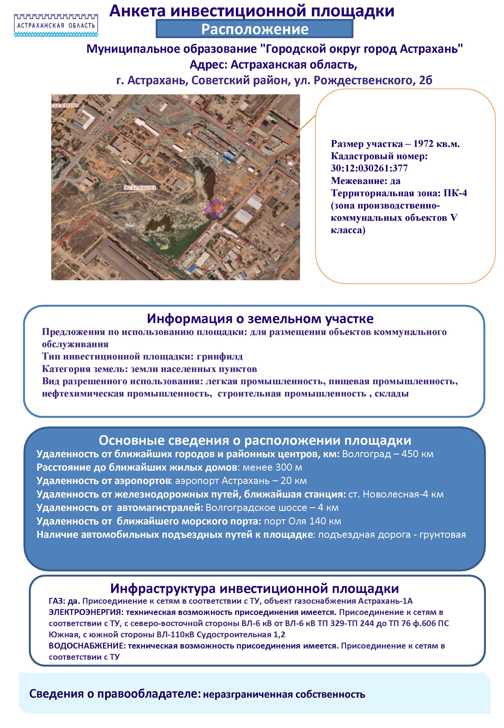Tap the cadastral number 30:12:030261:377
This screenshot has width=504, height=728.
click(369, 168)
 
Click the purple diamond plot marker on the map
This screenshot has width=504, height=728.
click(215, 208)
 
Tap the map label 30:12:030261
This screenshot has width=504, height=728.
click(140, 188)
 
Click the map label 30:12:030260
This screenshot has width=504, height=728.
click(65, 106)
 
